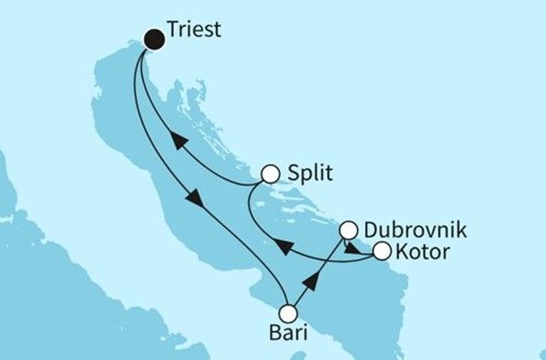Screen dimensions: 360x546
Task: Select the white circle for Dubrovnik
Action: pyautogui.click(x=349, y=229)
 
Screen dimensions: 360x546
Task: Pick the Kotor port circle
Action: pyautogui.click(x=382, y=251)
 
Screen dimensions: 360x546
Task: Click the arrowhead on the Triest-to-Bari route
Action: pyautogui.click(x=193, y=199)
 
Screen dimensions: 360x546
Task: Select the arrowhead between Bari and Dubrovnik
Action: pyautogui.click(x=312, y=281)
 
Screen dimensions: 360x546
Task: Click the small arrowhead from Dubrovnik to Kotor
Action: pyautogui.click(x=350, y=248)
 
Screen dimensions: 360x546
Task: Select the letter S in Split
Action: pyautogui.click(x=293, y=174)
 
